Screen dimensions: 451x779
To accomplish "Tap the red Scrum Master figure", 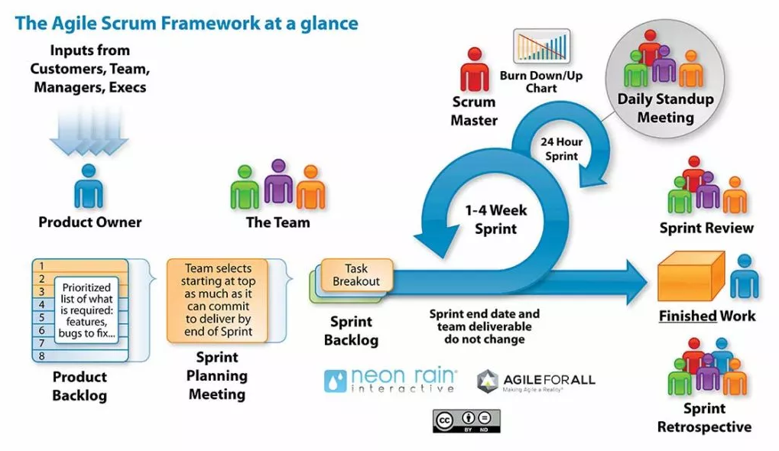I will click(x=474, y=70).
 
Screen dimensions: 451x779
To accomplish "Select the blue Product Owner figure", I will click(x=89, y=187).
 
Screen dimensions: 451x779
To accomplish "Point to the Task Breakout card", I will click(x=356, y=275).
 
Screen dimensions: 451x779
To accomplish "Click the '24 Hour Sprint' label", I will click(x=561, y=148).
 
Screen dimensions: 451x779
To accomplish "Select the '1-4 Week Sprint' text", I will click(x=496, y=219).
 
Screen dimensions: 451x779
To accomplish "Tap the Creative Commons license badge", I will click(x=466, y=420).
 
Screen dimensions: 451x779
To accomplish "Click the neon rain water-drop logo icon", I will click(x=336, y=381).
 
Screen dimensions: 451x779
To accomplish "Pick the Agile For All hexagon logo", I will click(x=488, y=381).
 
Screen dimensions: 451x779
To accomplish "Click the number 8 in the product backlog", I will click(x=43, y=355).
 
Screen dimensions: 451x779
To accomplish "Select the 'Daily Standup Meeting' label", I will click(x=665, y=108).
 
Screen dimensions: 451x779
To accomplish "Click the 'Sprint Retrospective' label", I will click(x=704, y=417).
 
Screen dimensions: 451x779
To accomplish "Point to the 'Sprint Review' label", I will click(x=706, y=228).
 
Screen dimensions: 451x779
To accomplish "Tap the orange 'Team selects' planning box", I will click(x=219, y=300).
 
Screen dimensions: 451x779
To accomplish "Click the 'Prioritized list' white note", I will click(x=86, y=310).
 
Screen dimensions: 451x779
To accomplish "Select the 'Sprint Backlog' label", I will click(x=351, y=331).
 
